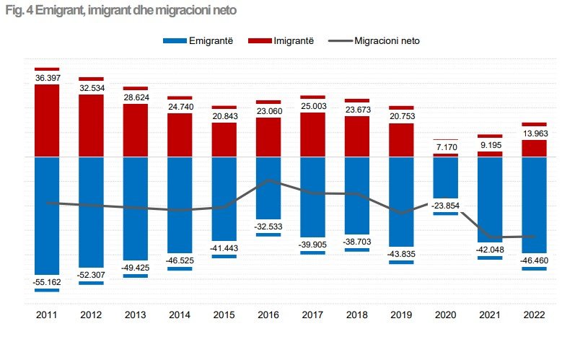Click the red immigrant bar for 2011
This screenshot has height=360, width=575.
point(47,120)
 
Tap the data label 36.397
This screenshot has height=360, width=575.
point(47,76)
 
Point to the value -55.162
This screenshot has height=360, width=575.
point(47,282)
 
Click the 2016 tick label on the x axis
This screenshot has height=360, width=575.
point(268,315)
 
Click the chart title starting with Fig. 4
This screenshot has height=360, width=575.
point(120,12)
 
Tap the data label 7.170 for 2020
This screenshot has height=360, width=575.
point(445,147)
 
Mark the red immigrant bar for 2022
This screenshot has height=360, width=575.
point(534,148)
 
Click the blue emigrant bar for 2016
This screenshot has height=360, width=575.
point(268,188)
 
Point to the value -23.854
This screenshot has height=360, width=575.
point(445,206)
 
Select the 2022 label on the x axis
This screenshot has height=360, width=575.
point(534,315)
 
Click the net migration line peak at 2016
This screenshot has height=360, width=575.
point(268,180)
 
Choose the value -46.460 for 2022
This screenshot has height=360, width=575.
point(534,260)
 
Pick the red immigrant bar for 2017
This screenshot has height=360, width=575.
point(312,134)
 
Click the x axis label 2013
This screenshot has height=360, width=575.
point(136,315)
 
